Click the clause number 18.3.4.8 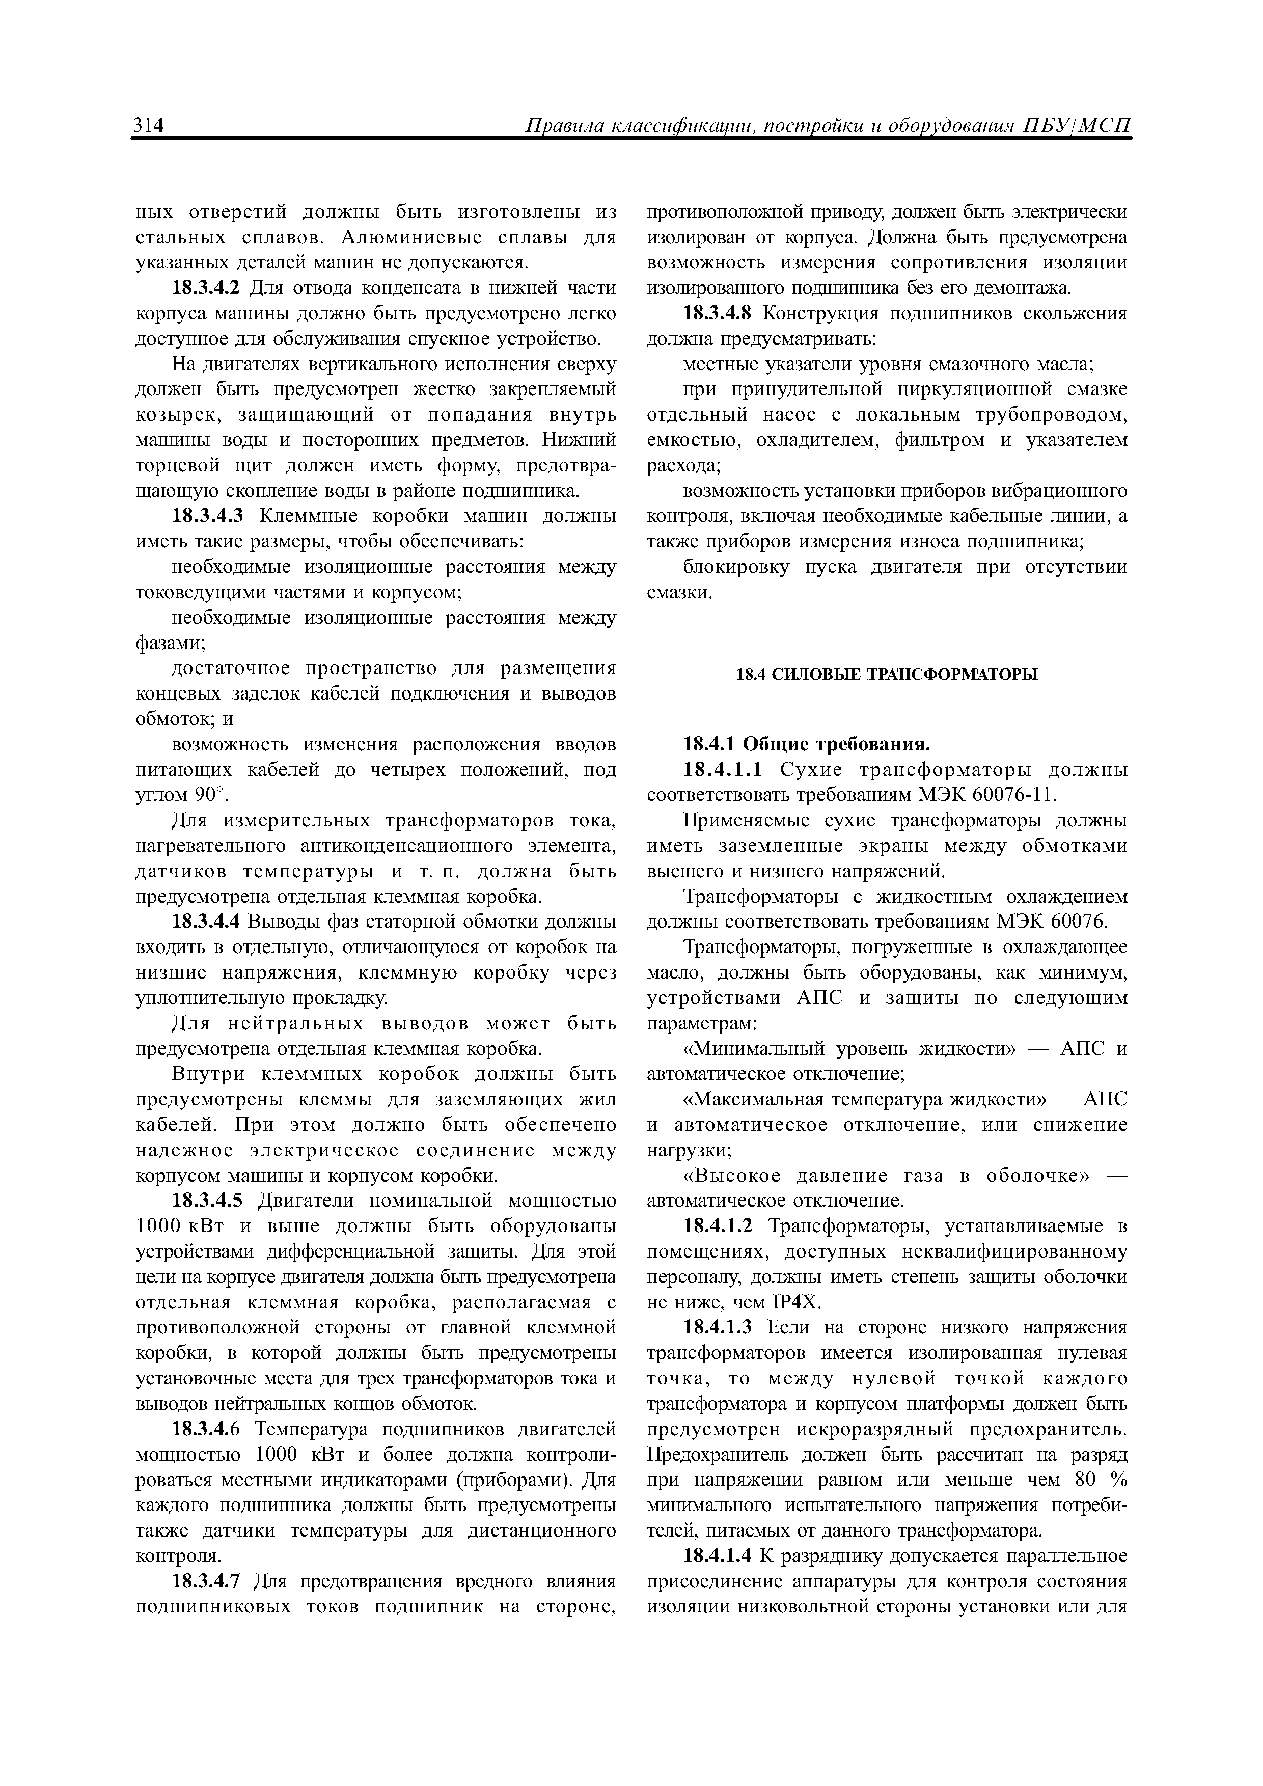point(720,314)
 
